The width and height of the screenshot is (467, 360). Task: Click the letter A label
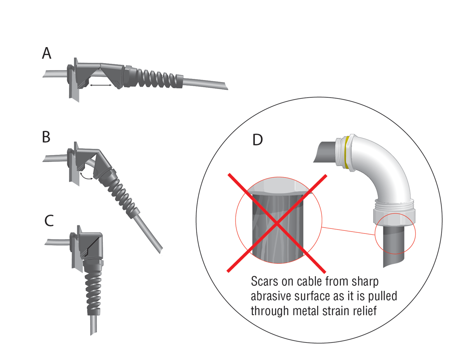pyautogui.click(x=47, y=53)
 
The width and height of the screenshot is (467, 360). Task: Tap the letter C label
pyautogui.click(x=49, y=221)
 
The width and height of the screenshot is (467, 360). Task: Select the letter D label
pyautogui.click(x=258, y=140)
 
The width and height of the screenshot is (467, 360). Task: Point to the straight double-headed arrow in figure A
pyautogui.click(x=100, y=84)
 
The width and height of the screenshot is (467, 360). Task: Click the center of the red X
pyautogui.click(x=277, y=223)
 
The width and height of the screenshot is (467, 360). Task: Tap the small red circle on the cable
pyautogui.click(x=395, y=234)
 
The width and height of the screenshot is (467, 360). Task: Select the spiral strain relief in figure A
pyautogui.click(x=156, y=76)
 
